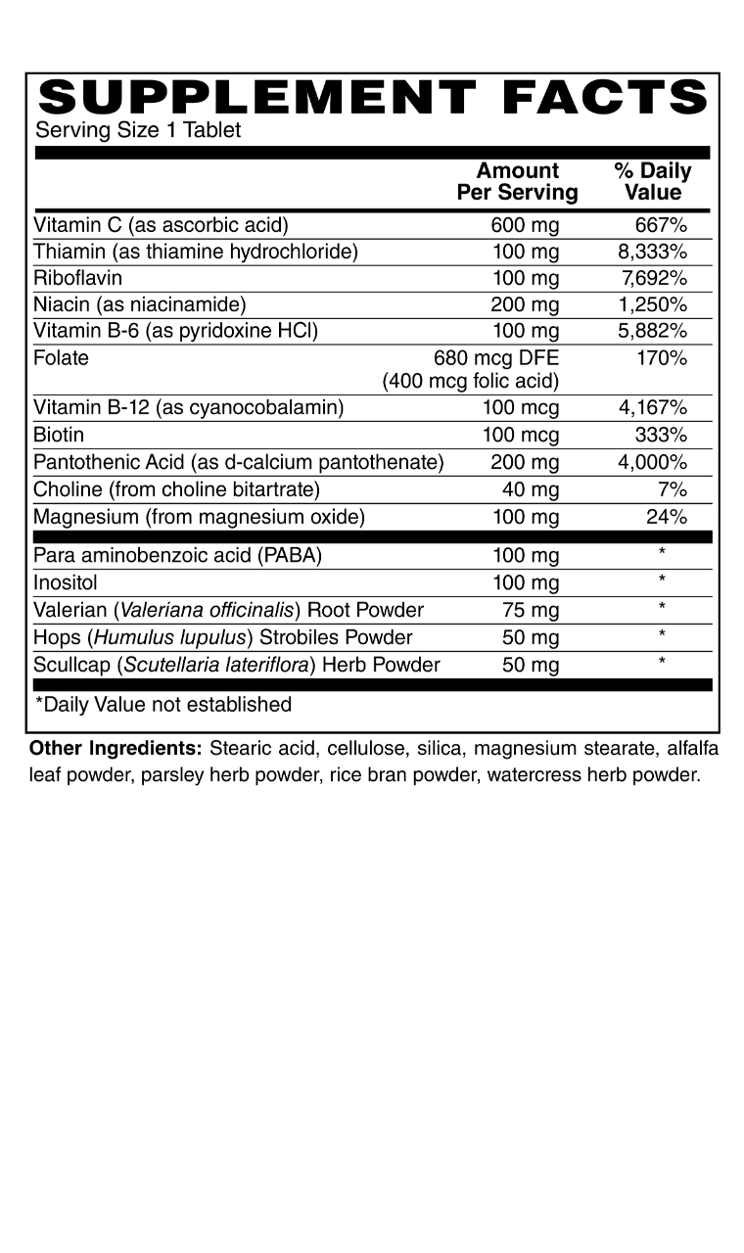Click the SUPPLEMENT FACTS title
[372, 98]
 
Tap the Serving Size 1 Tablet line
[138, 130]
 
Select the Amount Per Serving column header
[517, 182]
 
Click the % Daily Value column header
[652, 182]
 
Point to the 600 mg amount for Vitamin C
[525, 225]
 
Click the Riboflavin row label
[77, 278]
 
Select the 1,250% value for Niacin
[652, 304]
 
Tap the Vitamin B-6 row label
[176, 331]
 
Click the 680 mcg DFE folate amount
[495, 358]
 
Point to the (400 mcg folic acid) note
[471, 381]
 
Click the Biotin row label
[59, 435]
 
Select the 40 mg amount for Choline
[534, 489]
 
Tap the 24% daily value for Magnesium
[667, 517]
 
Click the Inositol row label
[64, 583]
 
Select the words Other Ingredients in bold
[116, 750]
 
